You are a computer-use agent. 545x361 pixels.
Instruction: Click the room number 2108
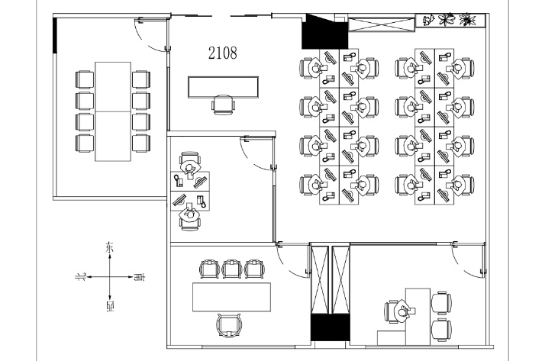(x=223, y=53)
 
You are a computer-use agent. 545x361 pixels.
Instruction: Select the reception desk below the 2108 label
(x=223, y=87)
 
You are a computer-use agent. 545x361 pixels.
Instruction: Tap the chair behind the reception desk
(x=223, y=105)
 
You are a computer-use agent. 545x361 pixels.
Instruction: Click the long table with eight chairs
(x=113, y=111)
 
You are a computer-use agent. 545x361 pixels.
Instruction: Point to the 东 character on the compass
(x=109, y=248)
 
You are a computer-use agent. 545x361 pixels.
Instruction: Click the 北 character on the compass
(x=81, y=277)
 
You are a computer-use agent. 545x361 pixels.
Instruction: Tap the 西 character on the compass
(x=110, y=306)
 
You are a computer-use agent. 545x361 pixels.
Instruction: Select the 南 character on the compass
(x=140, y=277)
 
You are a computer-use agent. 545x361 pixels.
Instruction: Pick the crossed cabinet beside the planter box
(x=382, y=24)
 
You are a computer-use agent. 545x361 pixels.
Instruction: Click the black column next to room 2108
(x=324, y=31)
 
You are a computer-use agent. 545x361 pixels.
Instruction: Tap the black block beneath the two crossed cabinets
(x=330, y=327)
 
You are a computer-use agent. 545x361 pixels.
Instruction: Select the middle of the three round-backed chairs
(x=232, y=269)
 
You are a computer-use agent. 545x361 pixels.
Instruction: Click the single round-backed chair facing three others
(x=229, y=325)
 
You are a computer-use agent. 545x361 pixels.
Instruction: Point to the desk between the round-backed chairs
(x=231, y=297)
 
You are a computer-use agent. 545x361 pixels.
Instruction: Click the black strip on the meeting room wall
(x=54, y=35)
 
